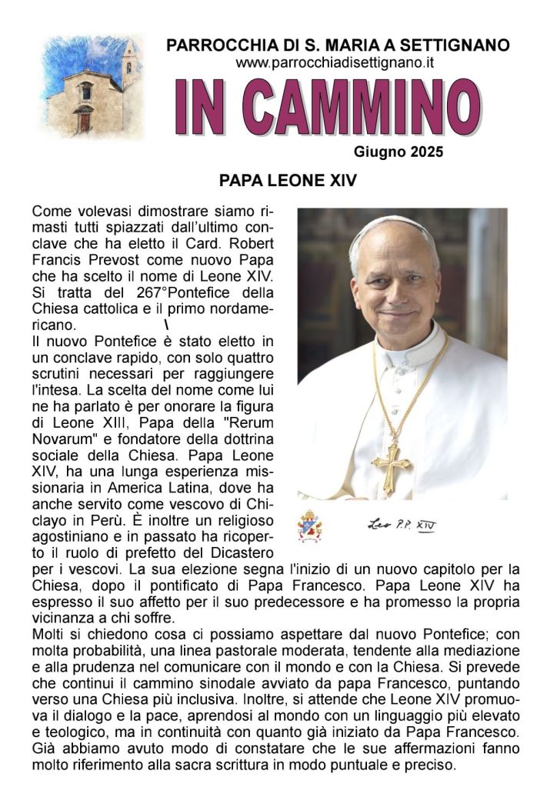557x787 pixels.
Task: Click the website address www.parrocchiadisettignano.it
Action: pyautogui.click(x=335, y=63)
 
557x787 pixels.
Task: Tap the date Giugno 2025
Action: pyautogui.click(x=399, y=152)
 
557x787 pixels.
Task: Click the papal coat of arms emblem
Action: pyautogui.click(x=311, y=527)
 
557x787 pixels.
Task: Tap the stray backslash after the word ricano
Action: pyautogui.click(x=166, y=324)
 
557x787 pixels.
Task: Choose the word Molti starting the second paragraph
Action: pyautogui.click(x=49, y=634)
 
